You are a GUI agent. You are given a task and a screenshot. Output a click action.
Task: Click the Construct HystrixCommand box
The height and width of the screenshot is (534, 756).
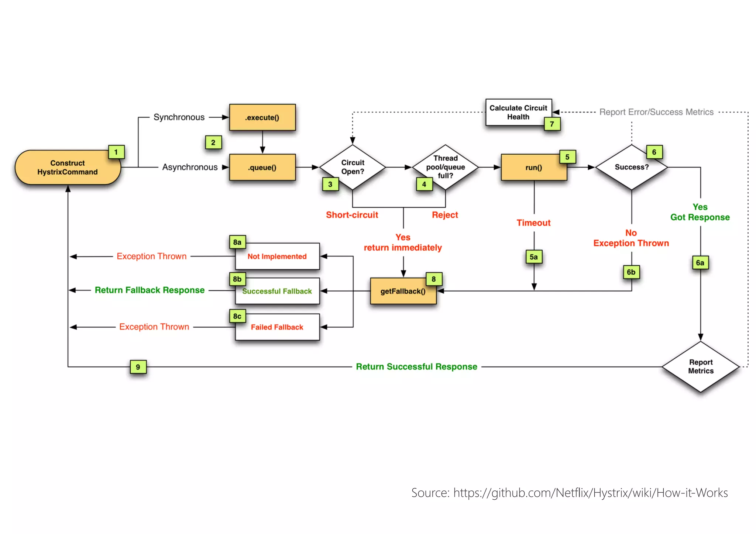point(68,168)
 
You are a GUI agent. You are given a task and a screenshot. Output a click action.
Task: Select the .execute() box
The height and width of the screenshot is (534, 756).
point(262,117)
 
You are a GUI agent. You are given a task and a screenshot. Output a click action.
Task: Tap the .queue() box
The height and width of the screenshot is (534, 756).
point(262,168)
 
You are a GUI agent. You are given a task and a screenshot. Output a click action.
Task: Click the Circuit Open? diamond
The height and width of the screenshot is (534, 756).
point(353,167)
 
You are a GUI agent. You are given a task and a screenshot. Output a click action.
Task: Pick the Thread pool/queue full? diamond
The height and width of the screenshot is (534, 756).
point(445,167)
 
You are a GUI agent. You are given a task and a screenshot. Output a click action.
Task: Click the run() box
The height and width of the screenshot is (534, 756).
point(534,168)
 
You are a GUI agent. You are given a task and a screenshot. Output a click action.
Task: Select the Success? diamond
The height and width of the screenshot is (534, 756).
point(631,167)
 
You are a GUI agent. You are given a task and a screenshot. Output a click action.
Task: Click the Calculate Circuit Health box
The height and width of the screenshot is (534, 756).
point(518,112)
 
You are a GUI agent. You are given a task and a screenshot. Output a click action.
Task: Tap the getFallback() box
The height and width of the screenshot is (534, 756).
point(403,291)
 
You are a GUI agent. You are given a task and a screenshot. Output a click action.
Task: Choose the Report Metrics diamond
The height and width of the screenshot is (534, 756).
point(700,366)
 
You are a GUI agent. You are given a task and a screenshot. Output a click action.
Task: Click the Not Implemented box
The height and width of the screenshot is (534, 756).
point(277,256)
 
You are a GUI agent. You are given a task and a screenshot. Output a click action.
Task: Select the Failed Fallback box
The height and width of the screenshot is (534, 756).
point(277,327)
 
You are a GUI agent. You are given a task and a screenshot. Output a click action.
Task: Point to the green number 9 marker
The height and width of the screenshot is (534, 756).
point(138,367)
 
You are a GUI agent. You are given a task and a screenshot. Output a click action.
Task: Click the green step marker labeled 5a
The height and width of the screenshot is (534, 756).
point(534,257)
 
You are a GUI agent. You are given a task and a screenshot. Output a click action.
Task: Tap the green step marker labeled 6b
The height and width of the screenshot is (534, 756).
point(631,272)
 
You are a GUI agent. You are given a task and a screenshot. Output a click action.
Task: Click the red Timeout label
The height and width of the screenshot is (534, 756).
point(533,223)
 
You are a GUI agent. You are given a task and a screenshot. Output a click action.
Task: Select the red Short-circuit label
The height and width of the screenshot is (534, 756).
point(352,215)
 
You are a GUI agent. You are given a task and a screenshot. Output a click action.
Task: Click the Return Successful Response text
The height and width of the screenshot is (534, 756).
point(416,366)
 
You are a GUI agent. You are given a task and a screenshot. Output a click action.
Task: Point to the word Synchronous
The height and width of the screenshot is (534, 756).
point(179,117)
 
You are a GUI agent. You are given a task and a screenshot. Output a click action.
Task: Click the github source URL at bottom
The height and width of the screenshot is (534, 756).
point(590,493)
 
